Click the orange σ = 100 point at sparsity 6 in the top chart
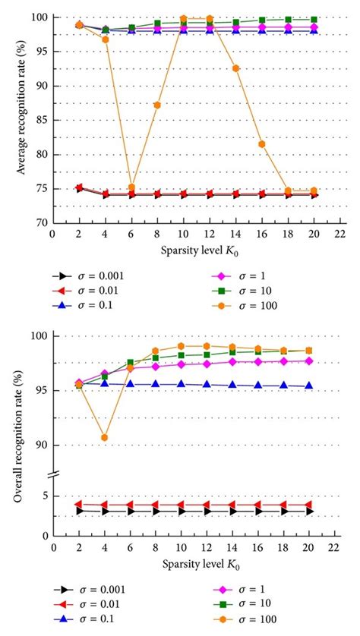pyautogui.click(x=131, y=187)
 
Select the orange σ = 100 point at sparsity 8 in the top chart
pyautogui.click(x=157, y=105)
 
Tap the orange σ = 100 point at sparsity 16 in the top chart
pyautogui.click(x=262, y=144)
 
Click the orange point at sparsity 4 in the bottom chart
pyautogui.click(x=105, y=437)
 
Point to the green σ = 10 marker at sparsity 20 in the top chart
pyautogui.click(x=314, y=20)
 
